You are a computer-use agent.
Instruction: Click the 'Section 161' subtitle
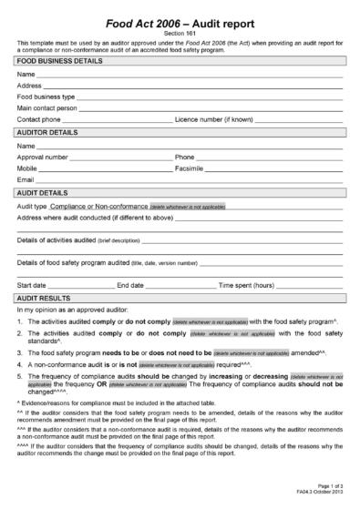(180, 34)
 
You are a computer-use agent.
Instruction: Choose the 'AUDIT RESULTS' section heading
(45, 298)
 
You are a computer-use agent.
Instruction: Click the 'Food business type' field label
(46, 96)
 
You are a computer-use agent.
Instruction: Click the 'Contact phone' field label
(39, 119)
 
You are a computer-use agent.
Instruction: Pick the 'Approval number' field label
(43, 157)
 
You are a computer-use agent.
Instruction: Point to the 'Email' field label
(26, 180)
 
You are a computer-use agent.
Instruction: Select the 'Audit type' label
(33, 207)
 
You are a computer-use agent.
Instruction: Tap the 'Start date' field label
(33, 286)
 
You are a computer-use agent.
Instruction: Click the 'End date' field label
(130, 286)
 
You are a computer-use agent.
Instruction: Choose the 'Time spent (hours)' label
(245, 286)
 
